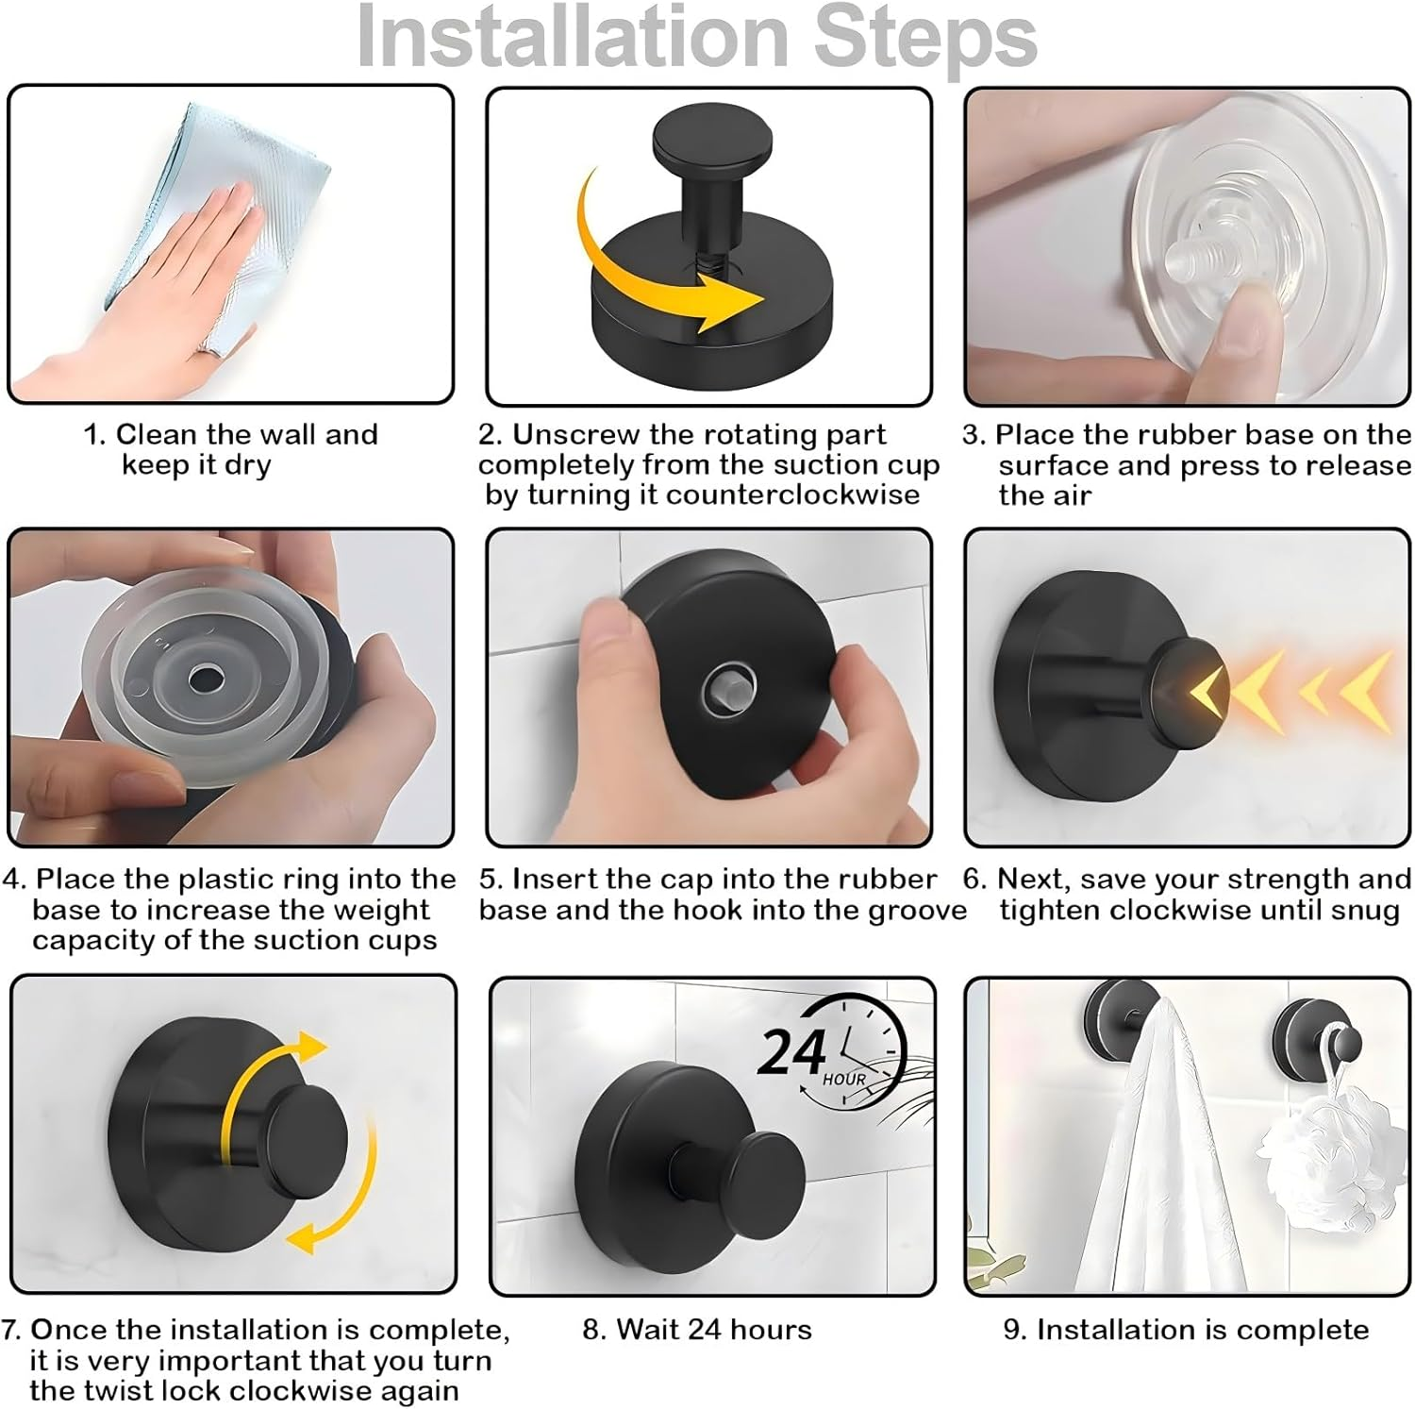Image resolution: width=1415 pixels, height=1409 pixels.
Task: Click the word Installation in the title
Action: [573, 38]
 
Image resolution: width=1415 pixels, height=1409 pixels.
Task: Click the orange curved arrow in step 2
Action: [660, 274]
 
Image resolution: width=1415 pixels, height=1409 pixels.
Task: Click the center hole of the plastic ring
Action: [201, 678]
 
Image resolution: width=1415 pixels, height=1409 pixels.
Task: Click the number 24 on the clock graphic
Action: [792, 1052]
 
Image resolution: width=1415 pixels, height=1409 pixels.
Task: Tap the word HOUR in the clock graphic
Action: [843, 1079]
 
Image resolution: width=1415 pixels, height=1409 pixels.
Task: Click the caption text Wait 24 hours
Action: [697, 1330]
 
